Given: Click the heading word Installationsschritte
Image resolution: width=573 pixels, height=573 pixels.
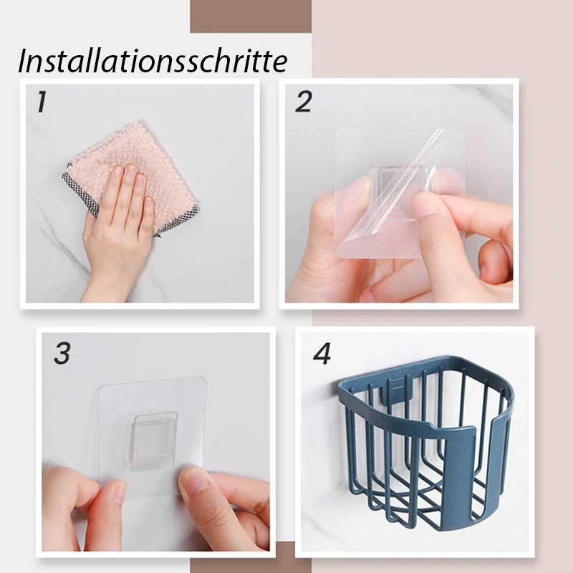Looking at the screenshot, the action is (153, 60).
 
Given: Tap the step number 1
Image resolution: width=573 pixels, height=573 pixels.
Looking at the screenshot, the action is (42, 102).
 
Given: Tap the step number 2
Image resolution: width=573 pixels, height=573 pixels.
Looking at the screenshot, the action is (303, 102).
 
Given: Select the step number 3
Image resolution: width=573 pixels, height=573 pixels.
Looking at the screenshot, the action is (62, 353).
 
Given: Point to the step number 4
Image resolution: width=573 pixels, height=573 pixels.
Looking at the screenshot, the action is (322, 353).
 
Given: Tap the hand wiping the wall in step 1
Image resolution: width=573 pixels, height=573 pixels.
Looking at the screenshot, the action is (117, 234).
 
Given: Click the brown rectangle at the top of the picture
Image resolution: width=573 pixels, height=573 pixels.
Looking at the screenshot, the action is (251, 16).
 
